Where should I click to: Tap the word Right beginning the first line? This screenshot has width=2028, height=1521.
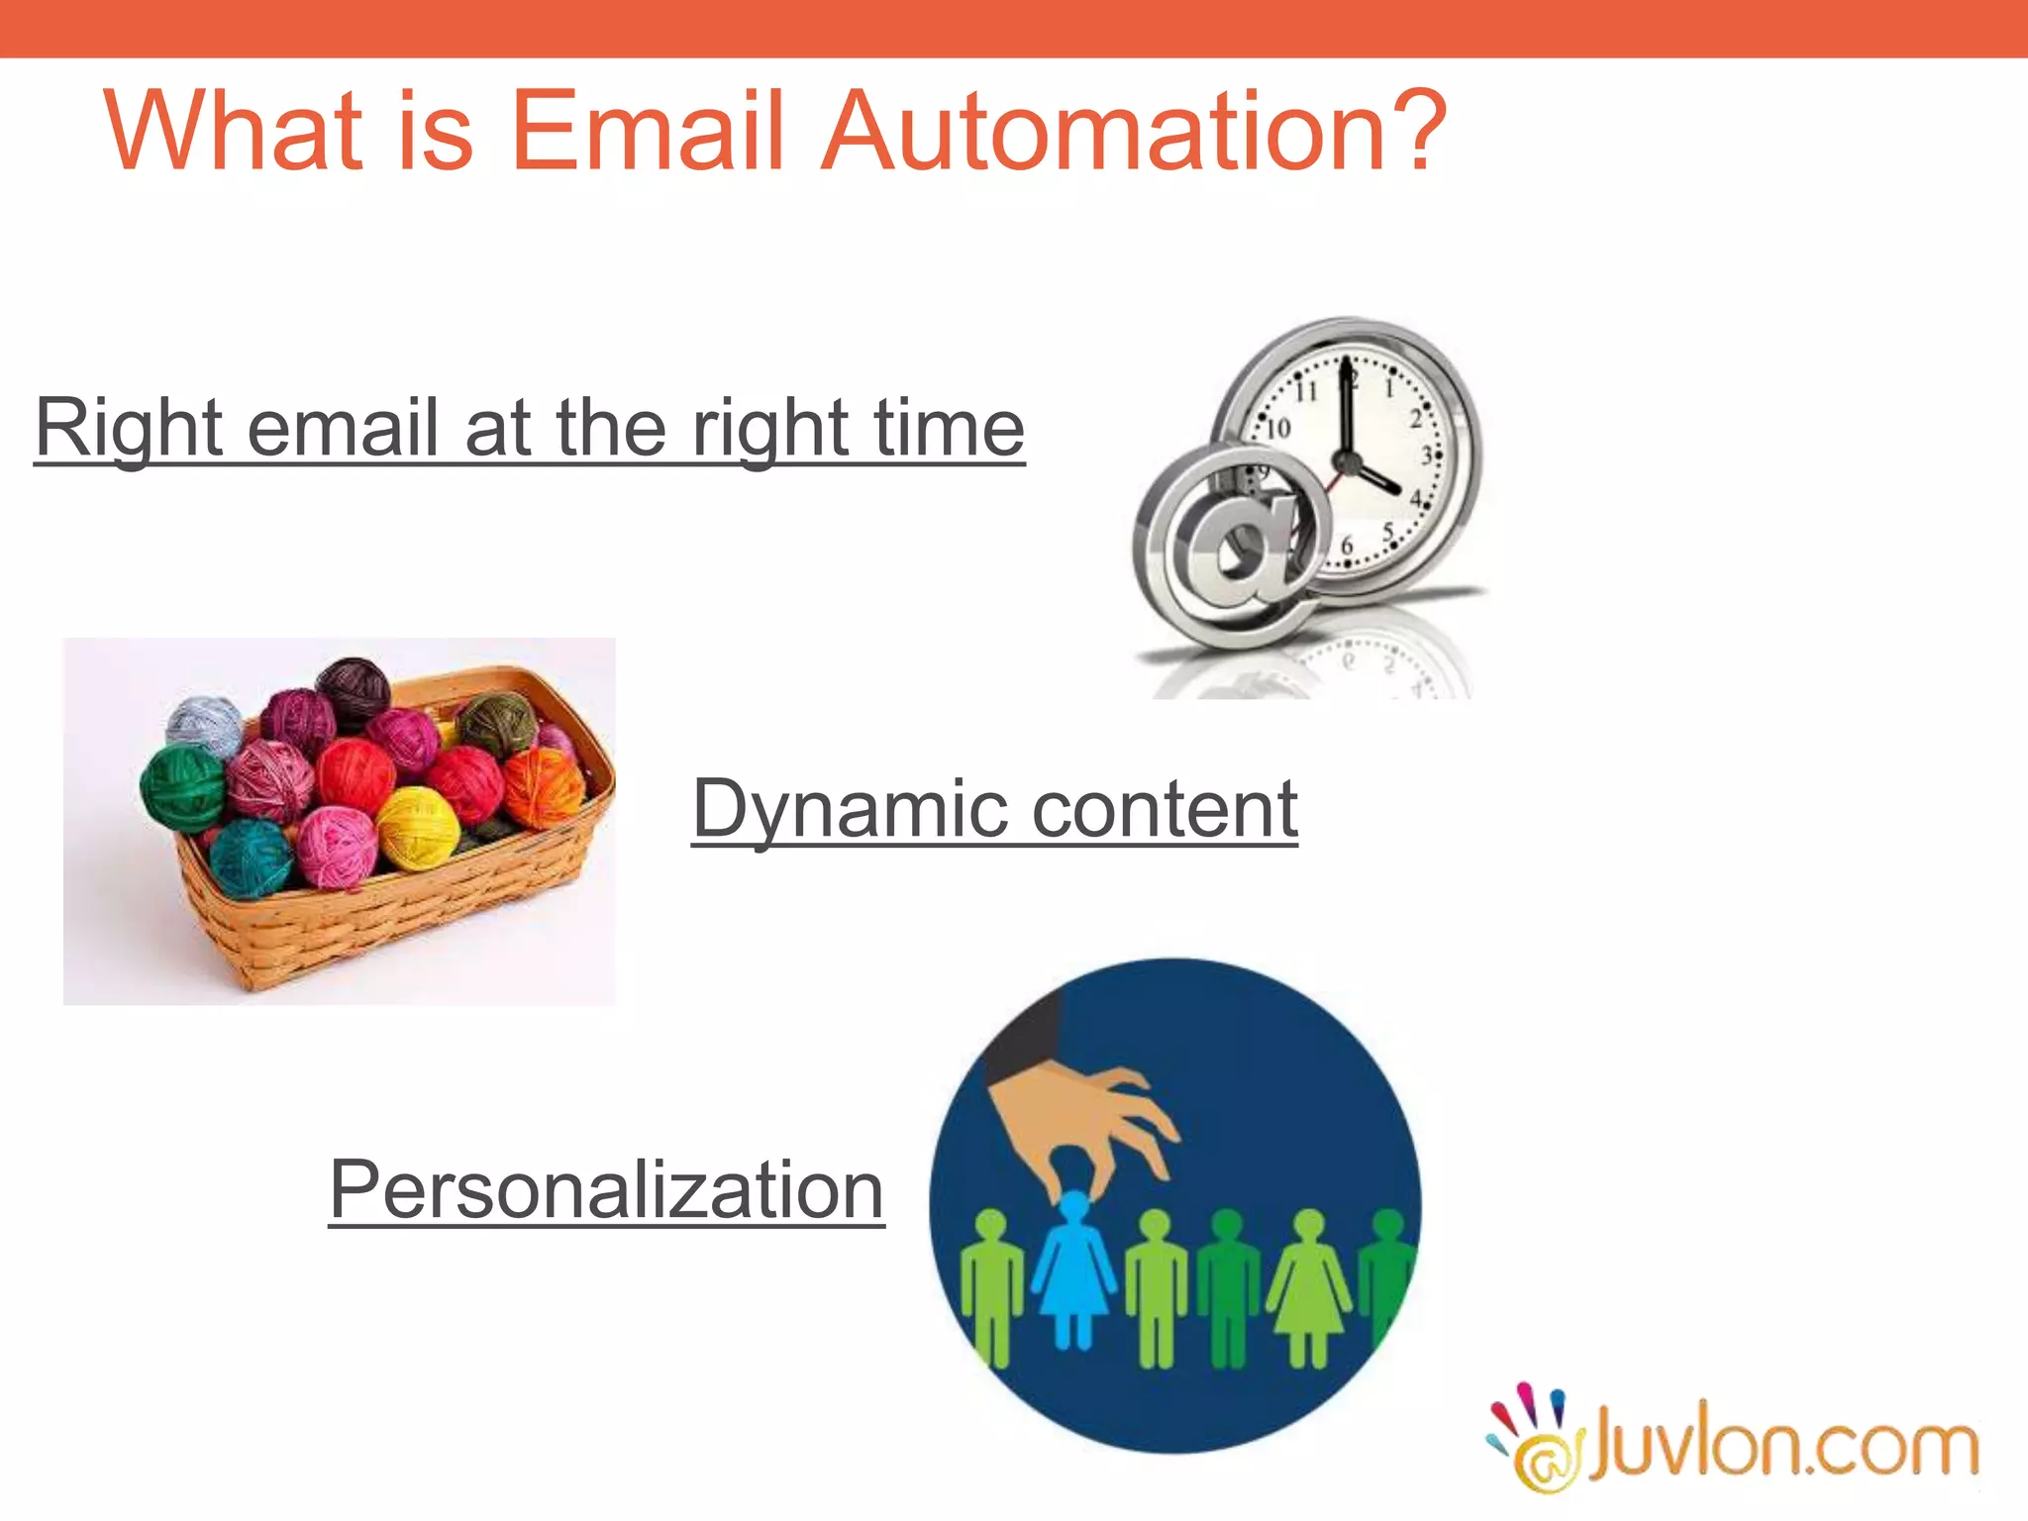[x=129, y=428]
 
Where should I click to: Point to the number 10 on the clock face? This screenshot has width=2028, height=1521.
[x=1278, y=428]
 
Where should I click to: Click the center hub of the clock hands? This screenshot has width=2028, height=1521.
[x=1346, y=461]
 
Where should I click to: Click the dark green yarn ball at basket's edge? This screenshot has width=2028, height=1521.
[x=182, y=787]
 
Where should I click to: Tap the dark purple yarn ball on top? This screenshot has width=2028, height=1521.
[x=354, y=691]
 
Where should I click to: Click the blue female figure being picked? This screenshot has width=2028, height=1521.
[x=1073, y=1272]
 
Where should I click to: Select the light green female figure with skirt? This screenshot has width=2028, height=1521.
[x=1309, y=1287]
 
